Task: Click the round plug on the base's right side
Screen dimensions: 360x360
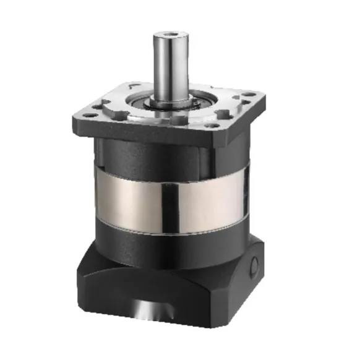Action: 254,267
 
